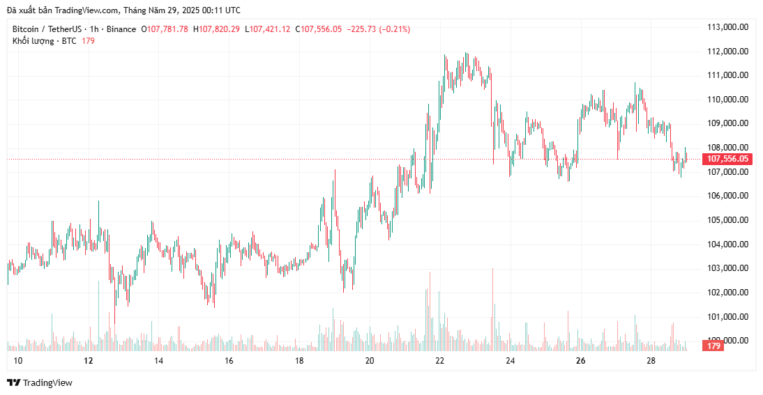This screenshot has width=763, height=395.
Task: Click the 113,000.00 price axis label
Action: point(727,27)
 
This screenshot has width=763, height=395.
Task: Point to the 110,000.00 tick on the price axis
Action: point(727,100)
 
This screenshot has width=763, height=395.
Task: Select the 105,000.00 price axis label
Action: point(727,220)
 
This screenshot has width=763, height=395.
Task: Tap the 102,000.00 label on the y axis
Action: point(727,293)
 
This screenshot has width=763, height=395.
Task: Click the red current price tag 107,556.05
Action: point(728,159)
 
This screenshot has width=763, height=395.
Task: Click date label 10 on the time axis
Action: point(18,361)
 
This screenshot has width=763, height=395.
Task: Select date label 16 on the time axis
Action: point(229,361)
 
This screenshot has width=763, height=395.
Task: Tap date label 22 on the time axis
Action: point(439,361)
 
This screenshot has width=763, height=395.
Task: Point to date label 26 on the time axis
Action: point(580,361)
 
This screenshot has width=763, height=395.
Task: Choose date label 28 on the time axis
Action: point(651,361)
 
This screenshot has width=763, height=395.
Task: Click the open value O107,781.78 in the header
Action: point(165,29)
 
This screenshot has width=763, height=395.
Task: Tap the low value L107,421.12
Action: point(267,29)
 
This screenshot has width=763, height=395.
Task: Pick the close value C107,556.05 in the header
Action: point(319,29)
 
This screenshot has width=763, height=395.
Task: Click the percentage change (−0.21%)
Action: point(394,29)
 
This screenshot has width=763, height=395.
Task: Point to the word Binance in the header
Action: point(121,29)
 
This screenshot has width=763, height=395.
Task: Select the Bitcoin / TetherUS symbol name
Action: point(47,29)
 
